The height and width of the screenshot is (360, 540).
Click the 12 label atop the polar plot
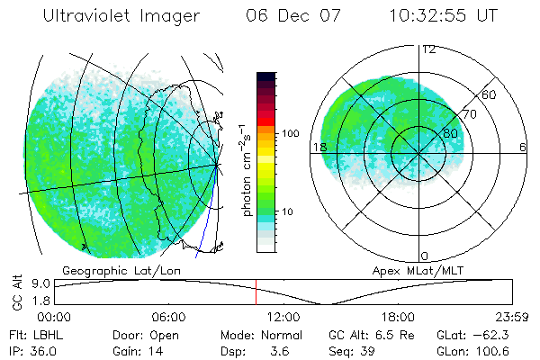(428, 49)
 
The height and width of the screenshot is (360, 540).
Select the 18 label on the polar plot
(318, 147)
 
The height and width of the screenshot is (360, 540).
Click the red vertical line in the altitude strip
(256, 292)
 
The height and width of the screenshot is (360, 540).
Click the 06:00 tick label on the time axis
(168, 317)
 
